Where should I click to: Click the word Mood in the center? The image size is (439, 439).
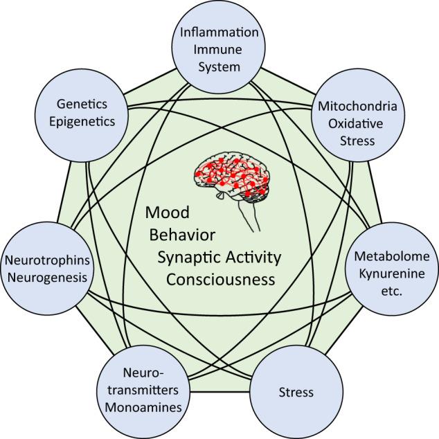[168, 213]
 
